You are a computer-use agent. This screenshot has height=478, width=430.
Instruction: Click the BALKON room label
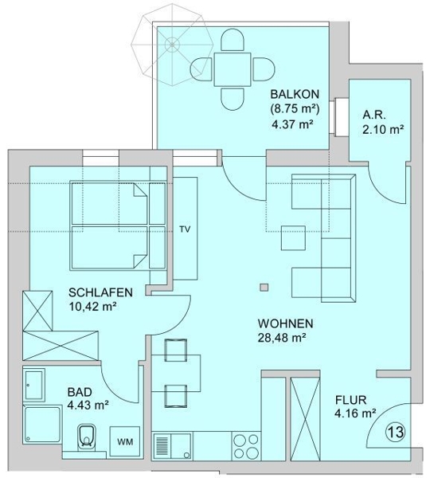click(295, 93)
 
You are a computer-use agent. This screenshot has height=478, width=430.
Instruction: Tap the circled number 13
click(397, 432)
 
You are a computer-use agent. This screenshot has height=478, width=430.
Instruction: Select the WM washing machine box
click(125, 441)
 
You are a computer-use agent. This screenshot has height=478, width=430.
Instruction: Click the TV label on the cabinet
click(185, 229)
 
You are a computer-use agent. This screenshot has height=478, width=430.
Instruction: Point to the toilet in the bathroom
click(87, 437)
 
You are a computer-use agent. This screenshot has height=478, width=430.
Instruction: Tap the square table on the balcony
click(233, 69)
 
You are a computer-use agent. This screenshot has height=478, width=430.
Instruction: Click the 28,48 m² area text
click(282, 338)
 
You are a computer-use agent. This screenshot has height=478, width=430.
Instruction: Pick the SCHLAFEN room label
click(100, 292)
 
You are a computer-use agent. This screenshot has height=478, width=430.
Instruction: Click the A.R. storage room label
click(374, 116)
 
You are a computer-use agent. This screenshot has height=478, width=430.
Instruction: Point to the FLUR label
click(350, 399)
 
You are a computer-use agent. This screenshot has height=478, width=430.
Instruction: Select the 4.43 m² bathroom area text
click(88, 406)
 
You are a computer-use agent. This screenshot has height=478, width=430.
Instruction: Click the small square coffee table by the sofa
click(293, 237)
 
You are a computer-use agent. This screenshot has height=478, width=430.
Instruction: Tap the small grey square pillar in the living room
click(264, 288)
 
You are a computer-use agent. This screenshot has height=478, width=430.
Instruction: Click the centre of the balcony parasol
click(172, 45)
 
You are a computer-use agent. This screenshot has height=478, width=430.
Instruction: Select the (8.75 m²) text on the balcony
click(295, 109)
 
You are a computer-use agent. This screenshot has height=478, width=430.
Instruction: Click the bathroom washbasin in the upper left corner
click(35, 384)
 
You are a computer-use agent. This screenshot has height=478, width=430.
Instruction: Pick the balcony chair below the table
click(233, 99)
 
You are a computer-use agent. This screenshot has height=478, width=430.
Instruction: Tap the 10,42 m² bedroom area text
click(92, 307)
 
